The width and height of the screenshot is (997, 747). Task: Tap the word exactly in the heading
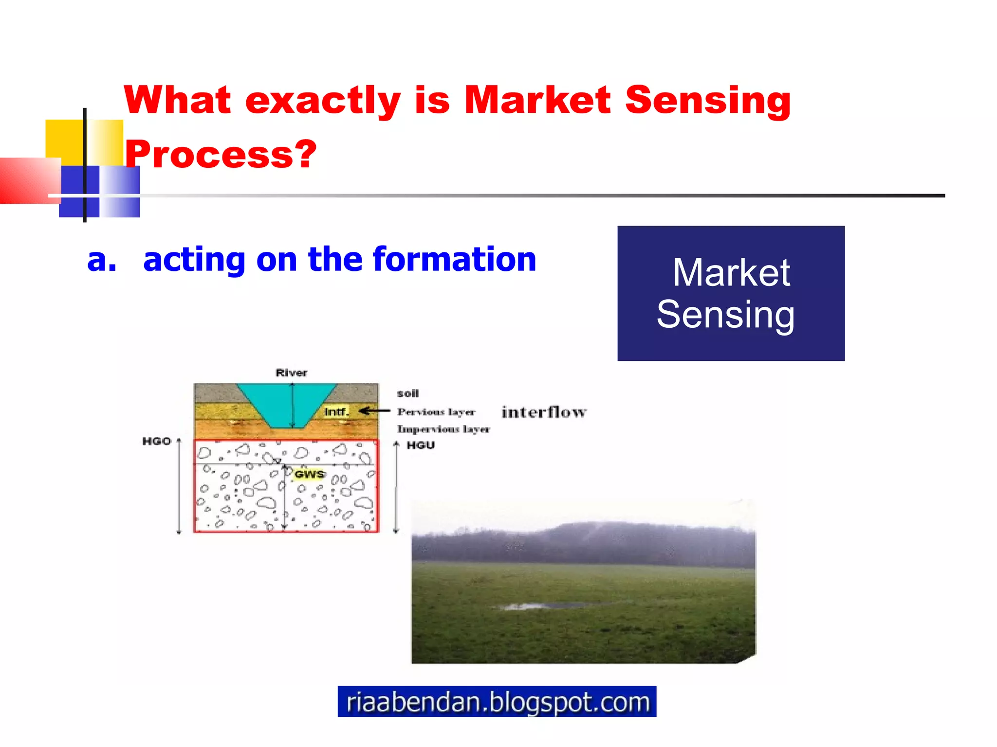(323, 100)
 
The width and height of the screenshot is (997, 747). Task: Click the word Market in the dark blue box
(731, 273)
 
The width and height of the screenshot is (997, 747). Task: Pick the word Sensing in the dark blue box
(725, 315)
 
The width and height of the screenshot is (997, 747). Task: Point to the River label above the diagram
(291, 373)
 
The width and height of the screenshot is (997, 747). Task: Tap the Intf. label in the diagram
(336, 412)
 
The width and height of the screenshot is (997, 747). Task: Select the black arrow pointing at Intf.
(374, 411)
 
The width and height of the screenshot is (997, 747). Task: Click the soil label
(407, 393)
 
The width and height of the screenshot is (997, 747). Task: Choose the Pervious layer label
(436, 412)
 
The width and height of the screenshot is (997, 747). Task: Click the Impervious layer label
(443, 429)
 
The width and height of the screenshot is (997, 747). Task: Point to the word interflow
(544, 412)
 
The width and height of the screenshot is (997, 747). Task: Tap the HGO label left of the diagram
(156, 441)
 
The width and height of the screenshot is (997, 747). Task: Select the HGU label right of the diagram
(421, 445)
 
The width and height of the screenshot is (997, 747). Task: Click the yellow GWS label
(309, 474)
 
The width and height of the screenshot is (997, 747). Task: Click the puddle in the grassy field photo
(535, 606)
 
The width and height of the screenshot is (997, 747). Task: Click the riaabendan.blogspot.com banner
(497, 701)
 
